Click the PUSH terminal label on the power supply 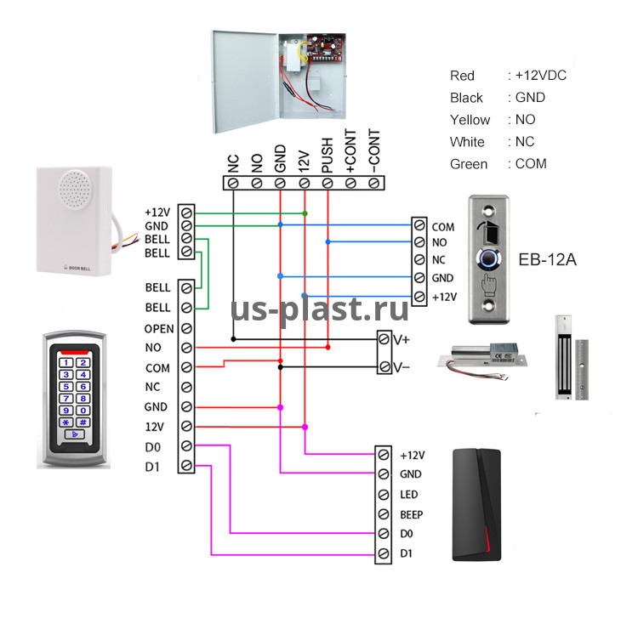[328, 156]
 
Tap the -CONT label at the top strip [374, 151]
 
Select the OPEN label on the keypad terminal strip [159, 328]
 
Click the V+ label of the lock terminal [402, 339]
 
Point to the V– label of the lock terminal [402, 367]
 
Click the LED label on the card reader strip [409, 495]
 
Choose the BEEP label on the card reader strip [412, 515]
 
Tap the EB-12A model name [547, 259]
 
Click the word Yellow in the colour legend [470, 120]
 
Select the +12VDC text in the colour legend [541, 75]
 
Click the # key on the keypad [83, 422]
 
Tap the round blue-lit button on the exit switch [488, 258]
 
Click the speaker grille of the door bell [75, 189]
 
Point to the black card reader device [476, 505]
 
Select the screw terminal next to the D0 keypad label [186, 446]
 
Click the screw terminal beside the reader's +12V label [384, 455]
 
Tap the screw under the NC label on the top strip [233, 184]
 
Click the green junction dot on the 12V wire [305, 213]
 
